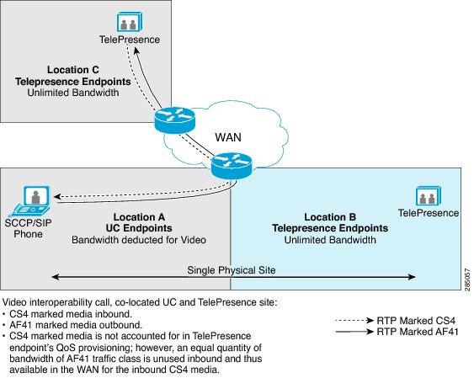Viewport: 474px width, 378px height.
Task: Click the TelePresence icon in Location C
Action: [x=130, y=22]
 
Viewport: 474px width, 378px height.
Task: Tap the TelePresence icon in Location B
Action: [x=429, y=196]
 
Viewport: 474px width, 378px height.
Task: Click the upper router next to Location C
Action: [x=174, y=120]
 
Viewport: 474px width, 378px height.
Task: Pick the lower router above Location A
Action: [x=232, y=166]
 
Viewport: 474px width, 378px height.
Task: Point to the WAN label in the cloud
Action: [x=228, y=137]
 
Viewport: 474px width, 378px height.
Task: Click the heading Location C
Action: [x=73, y=70]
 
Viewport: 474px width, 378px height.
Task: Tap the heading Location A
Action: [x=139, y=217]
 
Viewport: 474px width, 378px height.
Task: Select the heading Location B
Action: [x=330, y=217]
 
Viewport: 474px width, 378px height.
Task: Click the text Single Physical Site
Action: [x=232, y=270]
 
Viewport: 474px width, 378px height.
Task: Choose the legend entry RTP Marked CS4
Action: [x=416, y=320]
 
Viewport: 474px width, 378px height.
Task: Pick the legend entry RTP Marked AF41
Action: [x=418, y=332]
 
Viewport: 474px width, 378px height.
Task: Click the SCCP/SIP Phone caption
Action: [x=28, y=228]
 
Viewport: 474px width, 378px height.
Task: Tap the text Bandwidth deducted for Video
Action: [x=139, y=240]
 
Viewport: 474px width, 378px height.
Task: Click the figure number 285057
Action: [x=467, y=280]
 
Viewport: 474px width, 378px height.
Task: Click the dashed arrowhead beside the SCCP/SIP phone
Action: [x=57, y=197]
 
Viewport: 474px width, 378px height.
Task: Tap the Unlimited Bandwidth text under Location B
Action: [x=330, y=240]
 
